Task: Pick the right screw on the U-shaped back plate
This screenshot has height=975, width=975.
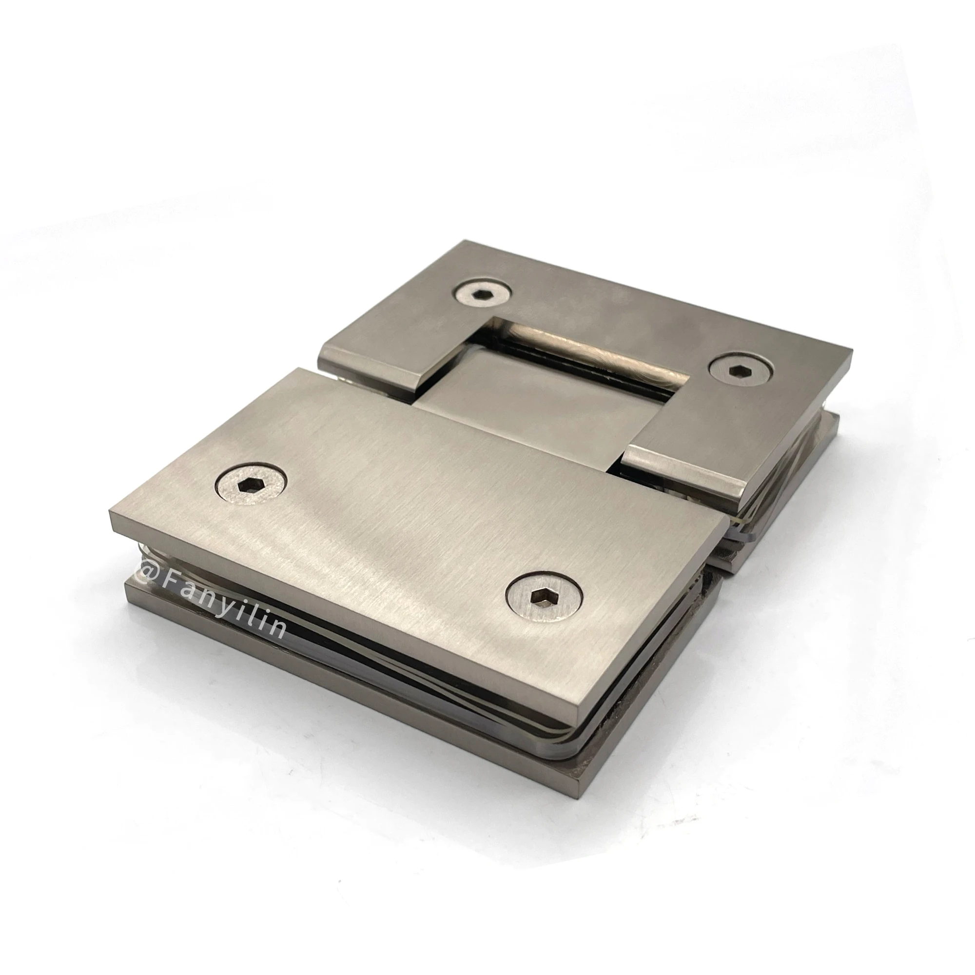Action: [x=740, y=370]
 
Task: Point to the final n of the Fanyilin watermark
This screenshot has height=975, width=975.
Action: [x=277, y=629]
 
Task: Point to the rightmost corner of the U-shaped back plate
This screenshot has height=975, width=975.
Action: [x=852, y=353]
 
